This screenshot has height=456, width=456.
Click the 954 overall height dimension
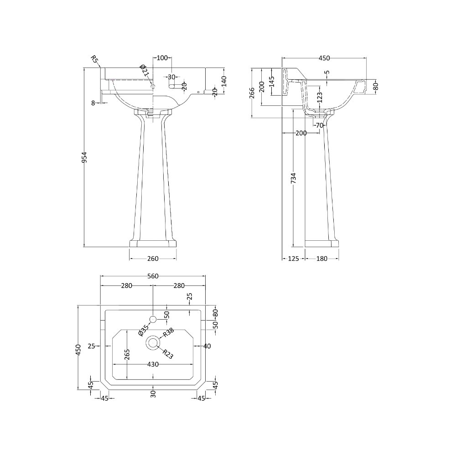pos(84,157)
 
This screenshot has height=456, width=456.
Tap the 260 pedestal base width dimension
pos(153,259)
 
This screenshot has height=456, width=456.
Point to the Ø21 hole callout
pos(144,71)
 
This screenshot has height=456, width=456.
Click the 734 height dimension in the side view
pos(293,178)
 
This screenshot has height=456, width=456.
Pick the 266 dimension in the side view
pos(252,93)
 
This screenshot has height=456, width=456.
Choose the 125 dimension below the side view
pos(293,259)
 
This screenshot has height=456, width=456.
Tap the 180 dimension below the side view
pos(321,259)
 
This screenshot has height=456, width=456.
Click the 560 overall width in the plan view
pos(153,276)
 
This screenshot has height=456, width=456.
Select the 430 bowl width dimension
pos(153,364)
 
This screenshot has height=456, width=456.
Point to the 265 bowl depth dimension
pos(127,354)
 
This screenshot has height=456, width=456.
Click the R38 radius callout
pos(168,332)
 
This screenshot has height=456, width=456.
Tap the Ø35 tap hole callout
pos(144,330)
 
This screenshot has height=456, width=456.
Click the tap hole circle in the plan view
pos(153,319)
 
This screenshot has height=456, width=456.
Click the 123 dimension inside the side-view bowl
pos(320,98)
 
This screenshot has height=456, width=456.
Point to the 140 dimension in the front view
pos(224,82)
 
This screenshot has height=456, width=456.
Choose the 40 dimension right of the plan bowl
pos(207,346)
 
